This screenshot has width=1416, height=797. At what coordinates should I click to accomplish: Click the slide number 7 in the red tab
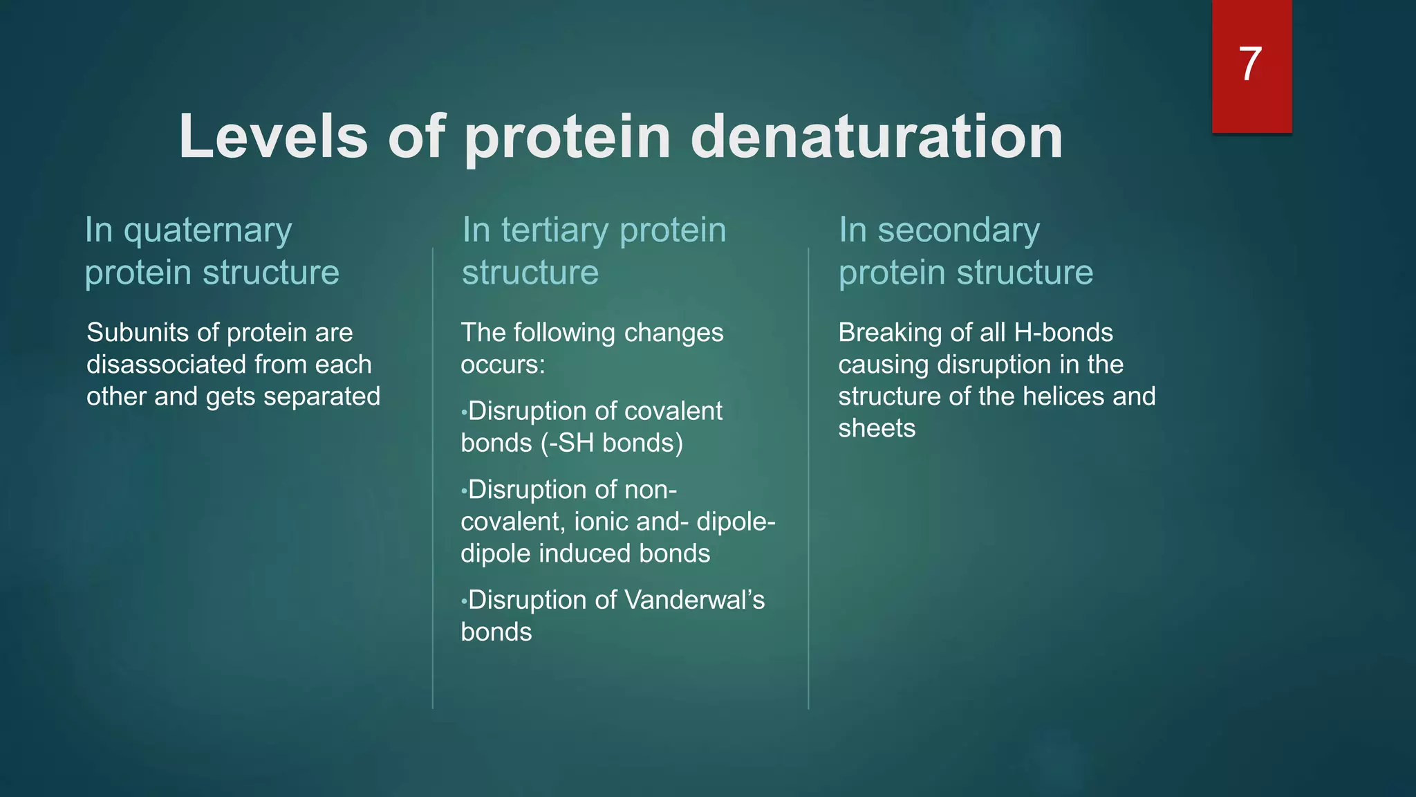[x=1250, y=64]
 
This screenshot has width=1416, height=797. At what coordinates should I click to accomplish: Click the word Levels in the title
[x=273, y=136]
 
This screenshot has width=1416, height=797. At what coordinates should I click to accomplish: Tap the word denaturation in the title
[x=876, y=136]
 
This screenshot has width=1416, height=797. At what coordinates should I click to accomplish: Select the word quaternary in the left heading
[x=207, y=231]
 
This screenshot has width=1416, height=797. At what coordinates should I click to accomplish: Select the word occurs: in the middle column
[x=503, y=365]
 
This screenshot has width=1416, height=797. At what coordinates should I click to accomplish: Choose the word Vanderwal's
[x=694, y=600]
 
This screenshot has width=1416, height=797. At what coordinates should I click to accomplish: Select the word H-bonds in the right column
[x=1063, y=333]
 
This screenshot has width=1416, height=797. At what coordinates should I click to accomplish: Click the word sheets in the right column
[x=876, y=428]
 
